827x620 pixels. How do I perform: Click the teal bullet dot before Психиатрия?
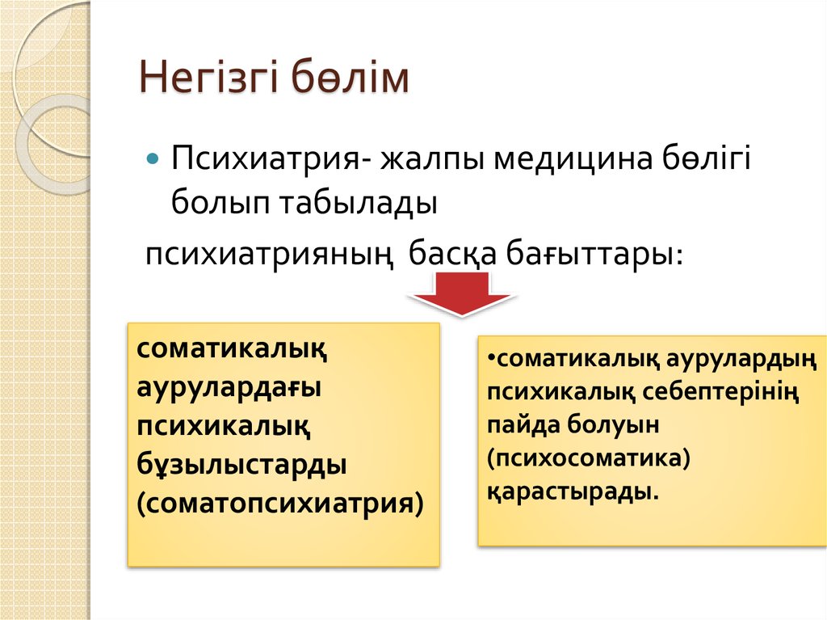pos(153,158)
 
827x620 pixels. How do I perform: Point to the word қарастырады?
pos(573,491)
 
